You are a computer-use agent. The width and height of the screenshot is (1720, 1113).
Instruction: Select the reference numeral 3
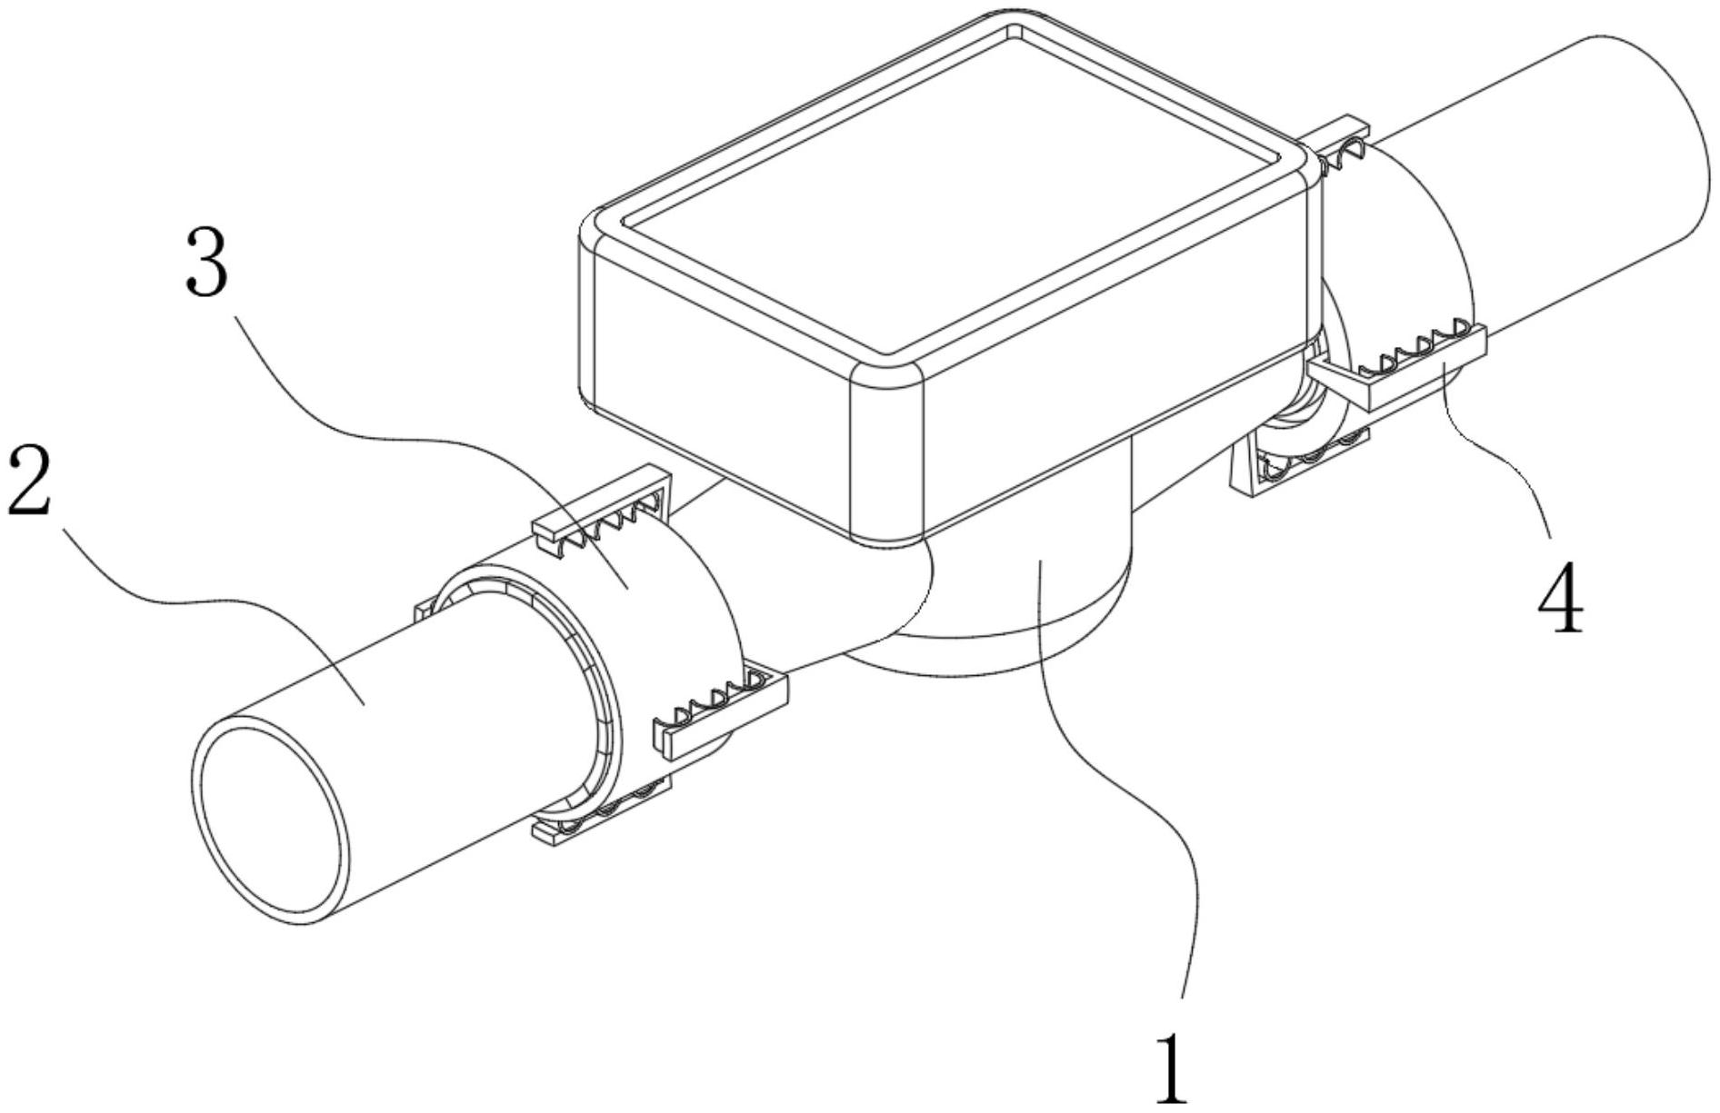point(207,261)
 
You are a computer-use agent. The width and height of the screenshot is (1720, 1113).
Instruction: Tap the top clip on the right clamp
point(1341,145)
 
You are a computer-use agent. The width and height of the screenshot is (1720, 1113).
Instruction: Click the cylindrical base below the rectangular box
point(1027,591)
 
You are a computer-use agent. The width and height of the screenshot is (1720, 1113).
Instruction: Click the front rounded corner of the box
point(886,454)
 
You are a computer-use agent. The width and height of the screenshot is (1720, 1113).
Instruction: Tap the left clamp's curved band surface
point(673,600)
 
